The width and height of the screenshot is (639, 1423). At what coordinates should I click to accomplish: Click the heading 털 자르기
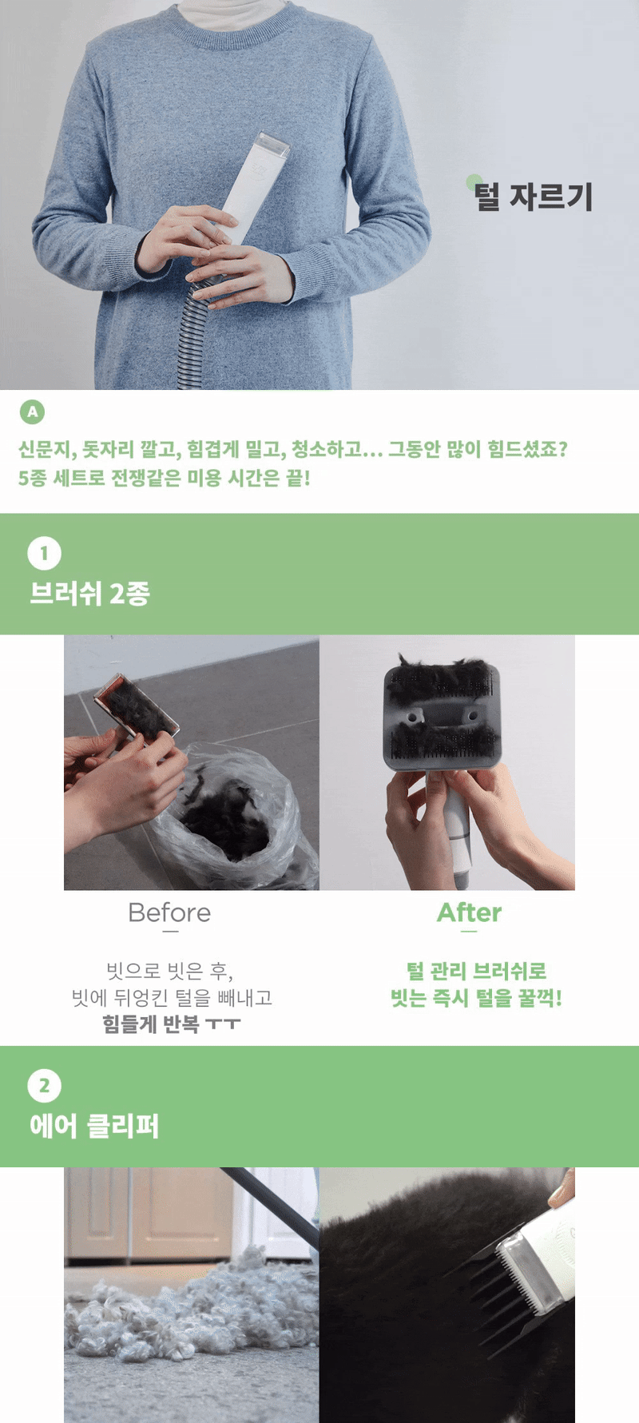point(533,197)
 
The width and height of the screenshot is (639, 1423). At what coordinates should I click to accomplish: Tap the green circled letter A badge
point(32,412)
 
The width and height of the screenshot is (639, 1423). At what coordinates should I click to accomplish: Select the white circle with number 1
point(44,553)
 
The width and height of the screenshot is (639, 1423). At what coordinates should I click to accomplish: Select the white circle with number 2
point(44,1086)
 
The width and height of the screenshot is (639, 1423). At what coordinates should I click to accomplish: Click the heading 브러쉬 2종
point(89,594)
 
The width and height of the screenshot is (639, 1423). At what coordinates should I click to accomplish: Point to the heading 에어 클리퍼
point(94,1126)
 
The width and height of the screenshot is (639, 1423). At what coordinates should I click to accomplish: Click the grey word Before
point(169,912)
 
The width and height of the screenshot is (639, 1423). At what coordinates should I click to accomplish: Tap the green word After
point(469,912)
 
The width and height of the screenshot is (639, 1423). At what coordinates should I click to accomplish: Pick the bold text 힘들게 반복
point(151,1024)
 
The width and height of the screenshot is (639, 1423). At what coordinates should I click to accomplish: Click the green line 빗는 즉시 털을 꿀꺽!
point(476,998)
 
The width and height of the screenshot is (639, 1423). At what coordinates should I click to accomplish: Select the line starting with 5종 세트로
point(165,478)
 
